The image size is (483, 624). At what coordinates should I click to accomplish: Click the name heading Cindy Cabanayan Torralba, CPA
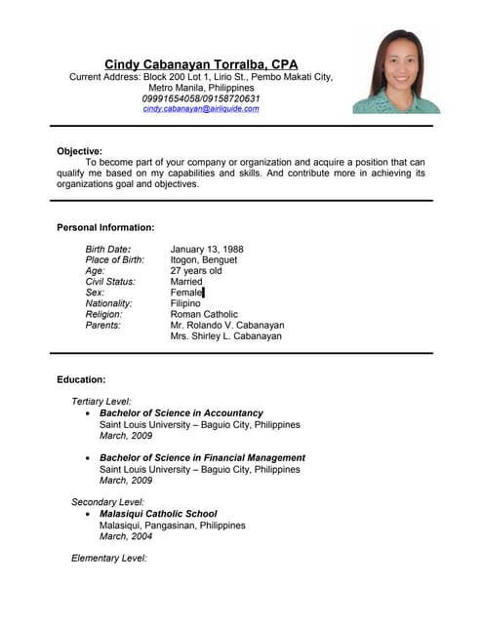click(x=201, y=64)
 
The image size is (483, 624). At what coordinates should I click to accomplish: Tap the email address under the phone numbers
click(x=201, y=109)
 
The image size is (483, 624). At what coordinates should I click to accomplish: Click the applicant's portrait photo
click(x=396, y=72)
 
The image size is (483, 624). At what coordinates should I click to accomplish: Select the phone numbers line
click(x=201, y=98)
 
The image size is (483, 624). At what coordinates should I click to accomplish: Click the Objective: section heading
click(x=80, y=151)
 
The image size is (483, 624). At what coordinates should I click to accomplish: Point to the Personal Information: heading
click(x=105, y=227)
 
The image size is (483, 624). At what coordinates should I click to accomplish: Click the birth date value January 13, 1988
click(x=207, y=250)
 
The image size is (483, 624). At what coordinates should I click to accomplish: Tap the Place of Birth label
click(x=115, y=260)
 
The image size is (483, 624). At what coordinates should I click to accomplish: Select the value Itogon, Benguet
click(x=204, y=260)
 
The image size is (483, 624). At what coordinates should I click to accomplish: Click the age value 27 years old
click(x=196, y=271)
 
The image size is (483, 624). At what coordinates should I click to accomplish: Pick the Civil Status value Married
click(x=186, y=282)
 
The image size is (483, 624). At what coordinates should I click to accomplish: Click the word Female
click(x=186, y=292)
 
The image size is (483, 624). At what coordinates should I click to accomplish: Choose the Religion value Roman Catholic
click(x=204, y=314)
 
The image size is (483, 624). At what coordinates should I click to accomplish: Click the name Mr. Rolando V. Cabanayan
click(x=227, y=325)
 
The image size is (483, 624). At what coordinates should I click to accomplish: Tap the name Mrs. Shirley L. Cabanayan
click(x=226, y=335)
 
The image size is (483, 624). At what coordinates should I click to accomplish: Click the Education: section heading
click(x=81, y=379)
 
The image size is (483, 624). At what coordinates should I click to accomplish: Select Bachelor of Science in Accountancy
click(x=181, y=413)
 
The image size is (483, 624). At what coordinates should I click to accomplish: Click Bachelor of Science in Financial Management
click(x=202, y=457)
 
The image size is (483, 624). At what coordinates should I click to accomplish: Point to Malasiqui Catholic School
click(x=158, y=514)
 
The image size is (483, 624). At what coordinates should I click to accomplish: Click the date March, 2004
click(x=126, y=536)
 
